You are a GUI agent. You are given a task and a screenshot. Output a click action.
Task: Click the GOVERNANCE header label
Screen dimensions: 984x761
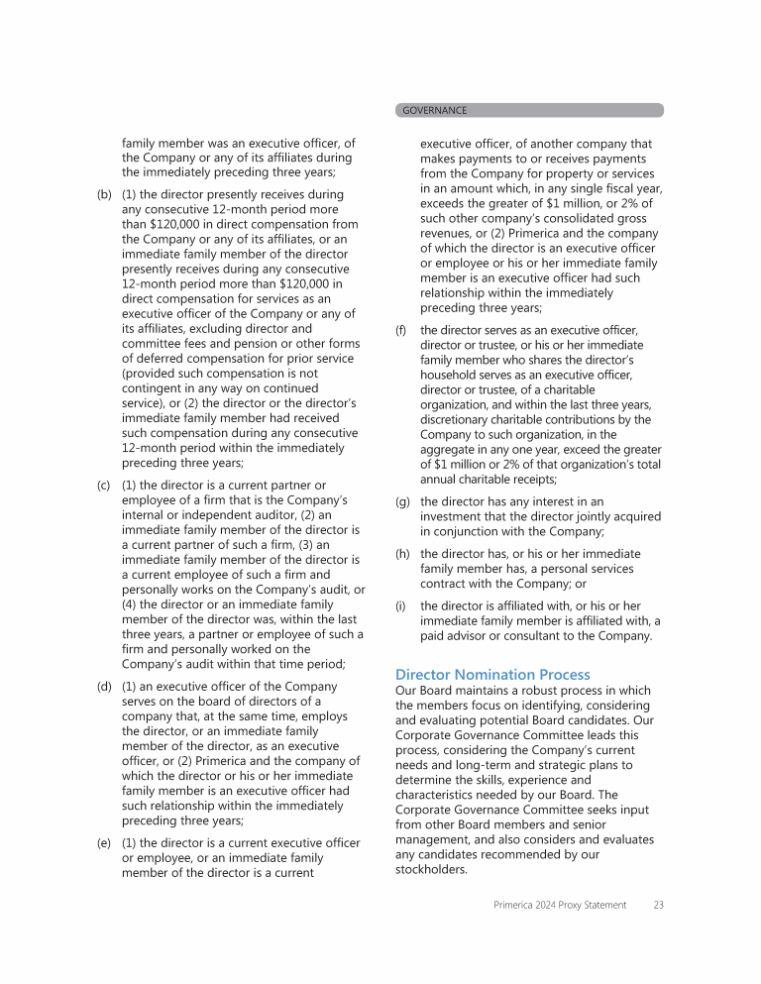(x=434, y=110)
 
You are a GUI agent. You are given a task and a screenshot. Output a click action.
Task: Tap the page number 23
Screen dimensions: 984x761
(x=658, y=905)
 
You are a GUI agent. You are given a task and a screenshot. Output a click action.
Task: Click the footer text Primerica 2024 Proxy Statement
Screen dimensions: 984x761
(x=560, y=905)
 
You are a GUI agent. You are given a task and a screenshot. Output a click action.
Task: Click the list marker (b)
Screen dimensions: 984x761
(x=104, y=195)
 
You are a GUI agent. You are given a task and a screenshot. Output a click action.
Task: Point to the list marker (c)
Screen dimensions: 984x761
(x=104, y=485)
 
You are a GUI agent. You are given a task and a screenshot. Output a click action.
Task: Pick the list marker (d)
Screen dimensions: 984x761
(x=104, y=686)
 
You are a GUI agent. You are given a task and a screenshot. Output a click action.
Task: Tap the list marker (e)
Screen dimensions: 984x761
(x=104, y=842)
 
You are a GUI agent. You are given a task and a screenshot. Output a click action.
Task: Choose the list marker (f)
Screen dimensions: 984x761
(x=400, y=330)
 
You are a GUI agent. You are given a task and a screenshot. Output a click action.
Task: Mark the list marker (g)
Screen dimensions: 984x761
(x=402, y=501)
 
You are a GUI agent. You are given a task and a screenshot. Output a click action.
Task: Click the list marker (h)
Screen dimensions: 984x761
(x=402, y=554)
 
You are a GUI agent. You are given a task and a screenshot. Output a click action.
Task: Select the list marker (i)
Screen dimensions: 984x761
(x=400, y=605)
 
